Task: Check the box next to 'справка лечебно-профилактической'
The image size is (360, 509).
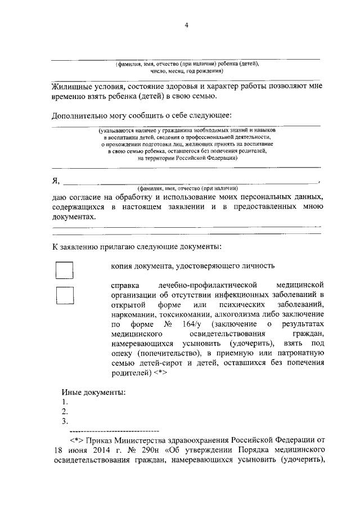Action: click(x=65, y=296)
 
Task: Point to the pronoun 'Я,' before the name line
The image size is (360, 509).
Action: click(x=56, y=180)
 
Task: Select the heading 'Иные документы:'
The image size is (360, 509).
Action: click(x=93, y=392)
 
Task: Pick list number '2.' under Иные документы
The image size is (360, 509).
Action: click(x=65, y=411)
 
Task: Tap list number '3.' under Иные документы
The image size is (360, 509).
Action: click(x=65, y=421)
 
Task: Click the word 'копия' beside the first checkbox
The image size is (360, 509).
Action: click(x=122, y=265)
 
